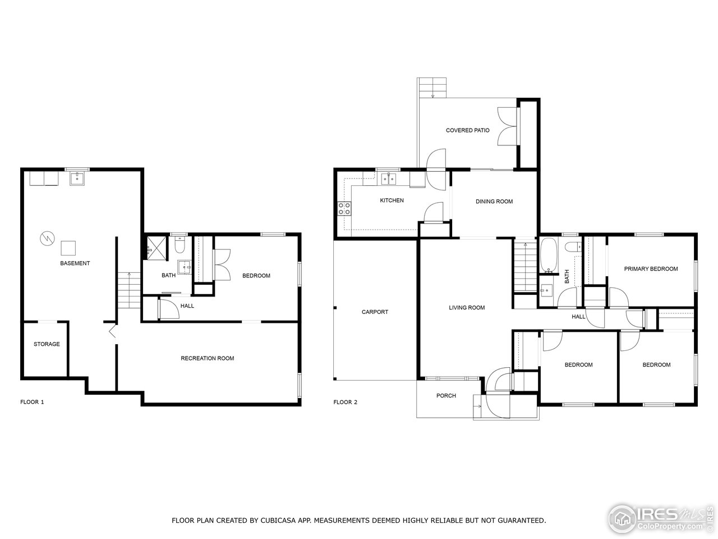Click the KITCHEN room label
point(392,200)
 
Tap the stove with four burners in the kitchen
point(344,209)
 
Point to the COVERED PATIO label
point(467,130)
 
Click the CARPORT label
point(375,312)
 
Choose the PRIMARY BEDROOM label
point(651,269)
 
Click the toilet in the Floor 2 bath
point(573,246)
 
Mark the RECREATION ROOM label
point(207,358)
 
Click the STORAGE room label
point(47,344)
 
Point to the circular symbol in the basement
point(46,239)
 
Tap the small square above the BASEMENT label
point(68,248)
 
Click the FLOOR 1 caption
point(32,402)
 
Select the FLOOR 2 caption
point(345,402)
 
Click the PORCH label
point(446,396)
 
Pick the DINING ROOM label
point(494,202)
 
